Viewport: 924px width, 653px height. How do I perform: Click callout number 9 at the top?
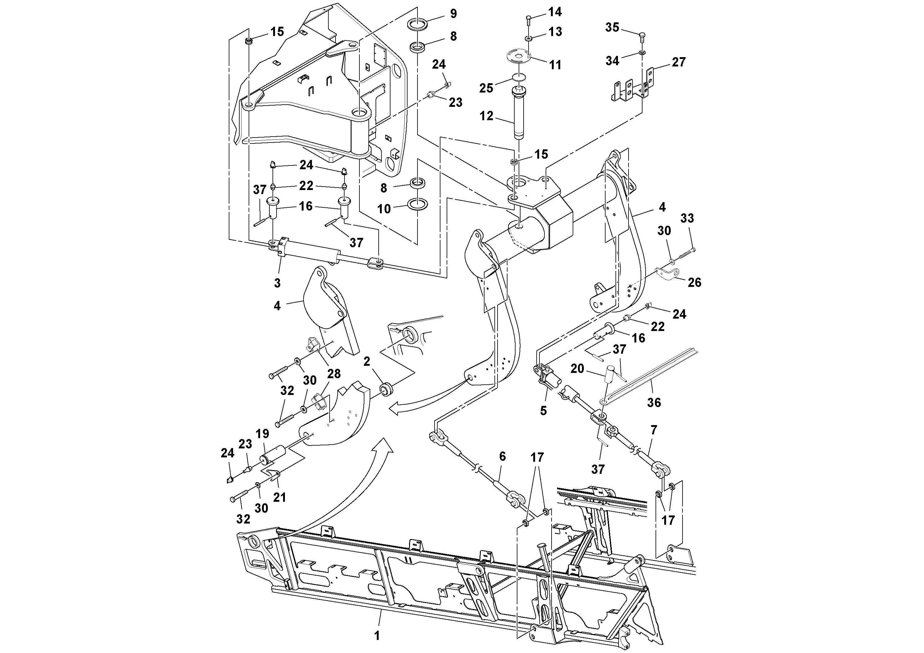tap(453, 14)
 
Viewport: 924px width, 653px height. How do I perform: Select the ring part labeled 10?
tap(416, 204)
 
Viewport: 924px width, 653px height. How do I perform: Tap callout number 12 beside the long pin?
tap(486, 116)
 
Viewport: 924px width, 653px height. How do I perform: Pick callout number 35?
tap(612, 28)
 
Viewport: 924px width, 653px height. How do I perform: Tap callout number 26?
tap(694, 283)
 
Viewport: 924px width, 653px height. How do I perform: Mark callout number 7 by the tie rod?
tap(654, 430)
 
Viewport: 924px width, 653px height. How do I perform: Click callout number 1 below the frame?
tap(377, 636)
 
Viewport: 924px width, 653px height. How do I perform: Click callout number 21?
tap(279, 497)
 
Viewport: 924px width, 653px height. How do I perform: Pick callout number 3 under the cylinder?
tap(277, 283)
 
